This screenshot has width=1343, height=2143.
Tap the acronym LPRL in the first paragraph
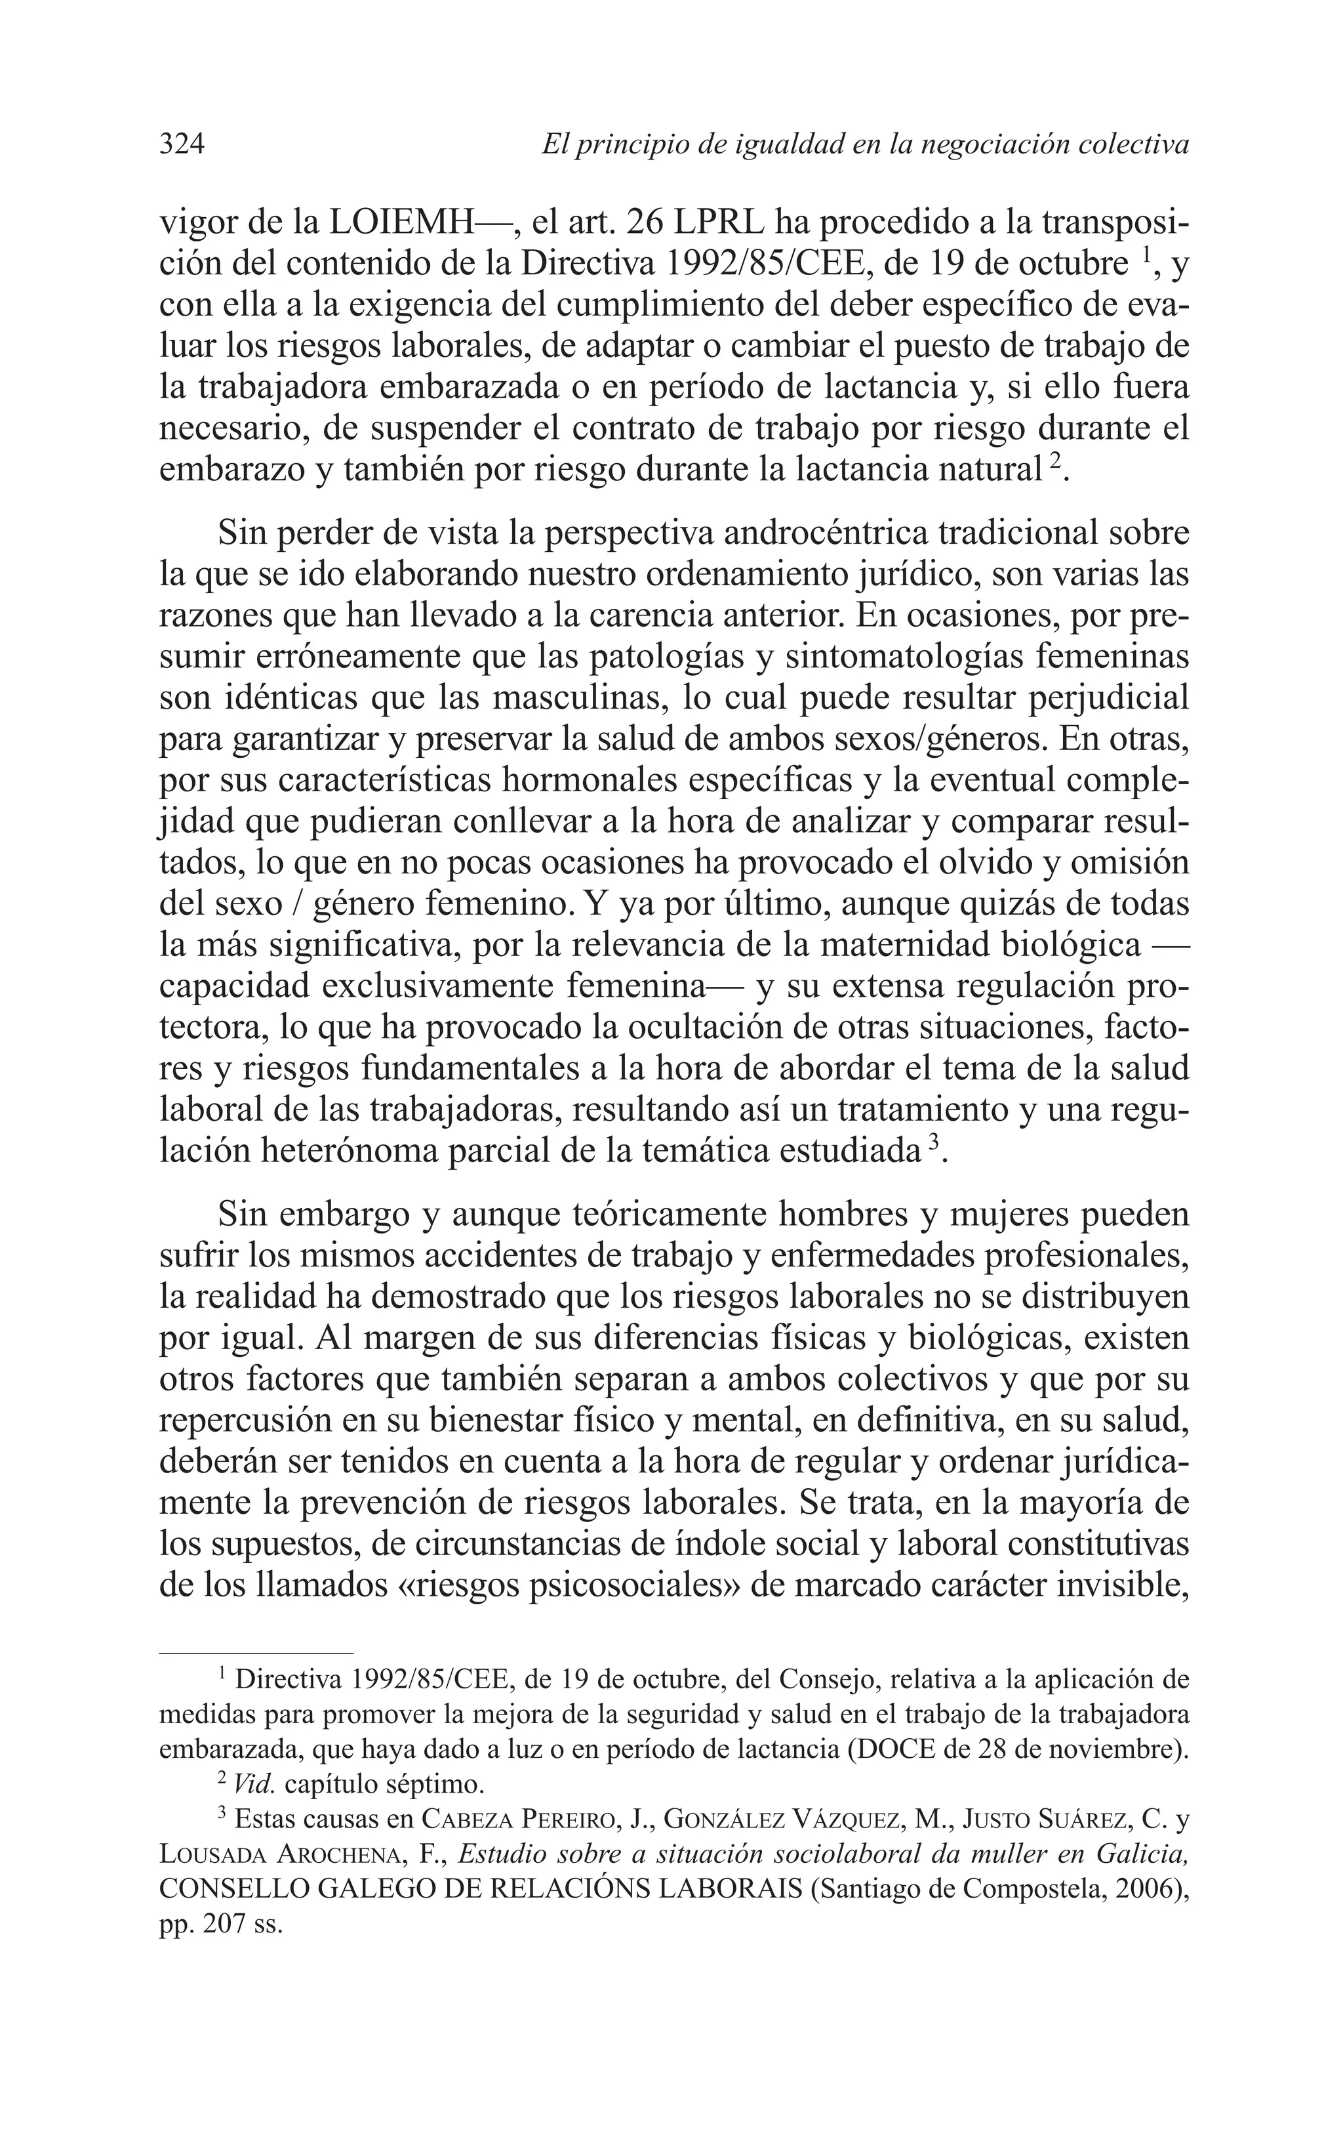point(727,222)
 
